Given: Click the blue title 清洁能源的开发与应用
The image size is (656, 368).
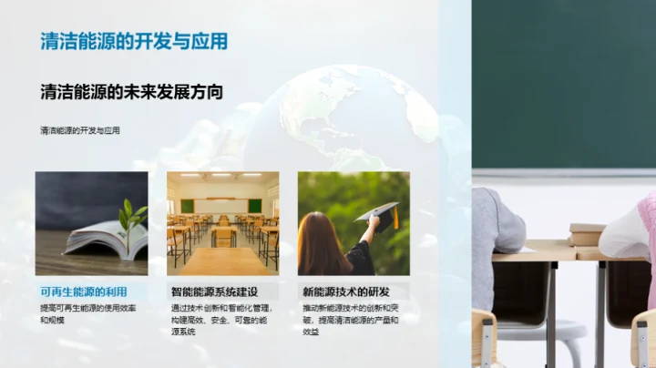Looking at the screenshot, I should click(134, 42).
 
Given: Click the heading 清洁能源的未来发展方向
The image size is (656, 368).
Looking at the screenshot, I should click(131, 92).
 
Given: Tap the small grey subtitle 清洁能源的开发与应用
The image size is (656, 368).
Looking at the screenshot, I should click(80, 130).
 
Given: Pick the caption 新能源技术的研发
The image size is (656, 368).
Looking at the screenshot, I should click(346, 292).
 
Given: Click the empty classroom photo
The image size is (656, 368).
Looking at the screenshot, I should click(222, 223).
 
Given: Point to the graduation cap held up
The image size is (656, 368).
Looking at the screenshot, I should click(378, 214).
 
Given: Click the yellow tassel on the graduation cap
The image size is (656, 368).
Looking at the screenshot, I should click(395, 219).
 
